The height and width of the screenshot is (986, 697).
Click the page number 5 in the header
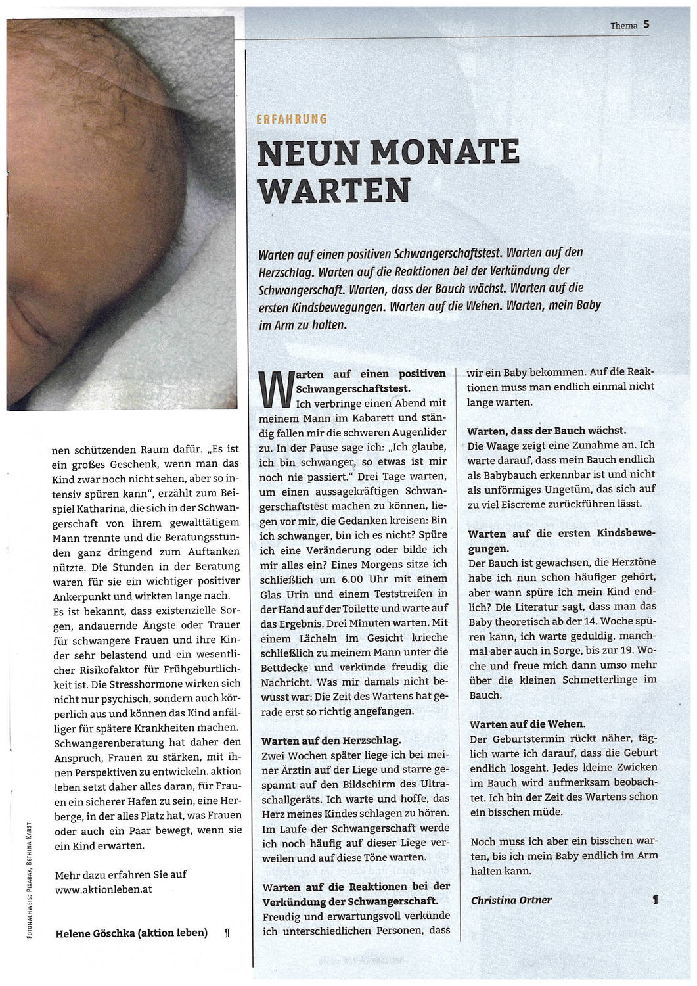tap(646, 24)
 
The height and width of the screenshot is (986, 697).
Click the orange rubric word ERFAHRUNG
tap(292, 119)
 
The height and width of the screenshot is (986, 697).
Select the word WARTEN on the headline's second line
tap(334, 191)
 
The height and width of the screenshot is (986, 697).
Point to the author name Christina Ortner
tap(511, 900)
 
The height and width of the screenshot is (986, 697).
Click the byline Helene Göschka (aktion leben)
tap(131, 932)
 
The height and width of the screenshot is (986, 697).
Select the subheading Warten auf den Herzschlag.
tap(320, 740)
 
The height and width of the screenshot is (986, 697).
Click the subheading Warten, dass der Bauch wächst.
tap(547, 431)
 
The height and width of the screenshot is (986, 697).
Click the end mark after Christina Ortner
tap(654, 900)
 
